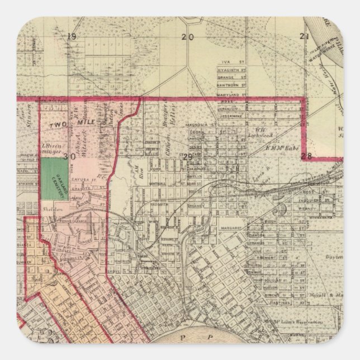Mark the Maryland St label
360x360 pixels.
230,94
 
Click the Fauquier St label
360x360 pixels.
310,198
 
